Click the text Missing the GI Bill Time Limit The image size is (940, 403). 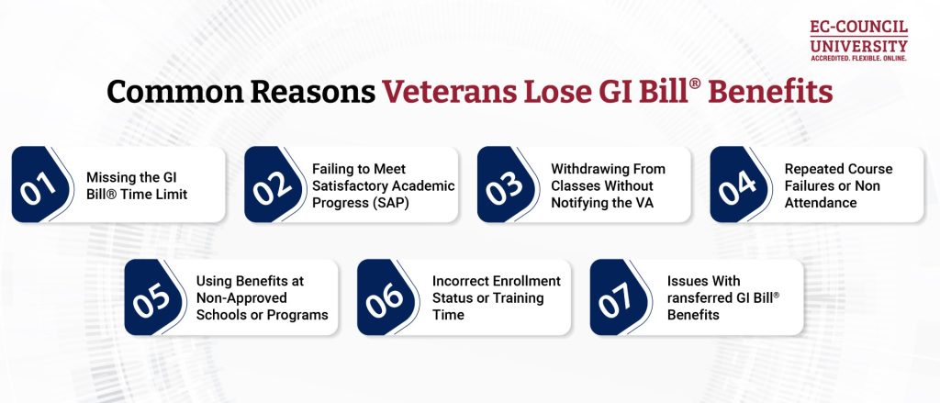coord(138,185)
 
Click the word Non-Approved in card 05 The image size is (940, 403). coord(241,298)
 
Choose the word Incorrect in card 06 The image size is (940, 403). coord(462,281)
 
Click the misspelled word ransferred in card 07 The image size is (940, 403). coord(697,298)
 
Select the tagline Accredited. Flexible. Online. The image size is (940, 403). coord(858,58)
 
